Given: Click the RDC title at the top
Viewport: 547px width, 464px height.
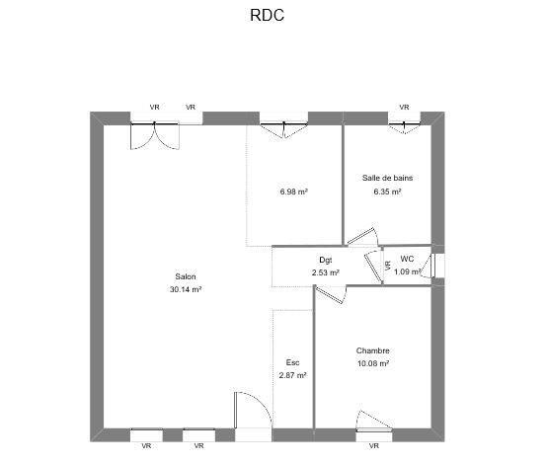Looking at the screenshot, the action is coord(267,15).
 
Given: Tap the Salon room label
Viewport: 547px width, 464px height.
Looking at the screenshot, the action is coord(186,276).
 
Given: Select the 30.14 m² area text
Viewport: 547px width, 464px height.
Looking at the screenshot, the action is coord(186,289).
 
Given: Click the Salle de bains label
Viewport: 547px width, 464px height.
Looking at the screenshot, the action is coord(387,178).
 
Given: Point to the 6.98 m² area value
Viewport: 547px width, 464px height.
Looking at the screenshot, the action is coord(293,192).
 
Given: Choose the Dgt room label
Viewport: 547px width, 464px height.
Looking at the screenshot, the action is coord(326,260).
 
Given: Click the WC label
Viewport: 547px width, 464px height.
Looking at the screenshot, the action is coord(407,259).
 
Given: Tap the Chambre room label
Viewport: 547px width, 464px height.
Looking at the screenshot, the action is coord(373,350).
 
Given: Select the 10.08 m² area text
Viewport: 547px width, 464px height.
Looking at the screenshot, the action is coord(373,363).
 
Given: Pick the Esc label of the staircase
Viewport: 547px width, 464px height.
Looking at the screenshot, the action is coord(292,362).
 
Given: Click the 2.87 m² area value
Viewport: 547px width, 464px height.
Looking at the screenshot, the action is coord(292,375).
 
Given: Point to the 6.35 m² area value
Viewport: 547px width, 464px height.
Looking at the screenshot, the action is coord(387,192).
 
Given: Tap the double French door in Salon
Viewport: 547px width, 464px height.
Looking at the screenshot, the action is coord(155,136).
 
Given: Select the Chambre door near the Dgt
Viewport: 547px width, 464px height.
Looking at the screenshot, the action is coord(331,294).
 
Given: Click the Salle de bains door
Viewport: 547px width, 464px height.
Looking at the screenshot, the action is coord(362,237).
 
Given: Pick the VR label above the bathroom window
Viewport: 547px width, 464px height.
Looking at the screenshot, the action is coord(404,107).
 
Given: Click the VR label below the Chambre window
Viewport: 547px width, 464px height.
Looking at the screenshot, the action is coord(374,446).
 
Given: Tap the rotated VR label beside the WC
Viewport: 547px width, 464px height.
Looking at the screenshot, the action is coord(388,266).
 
